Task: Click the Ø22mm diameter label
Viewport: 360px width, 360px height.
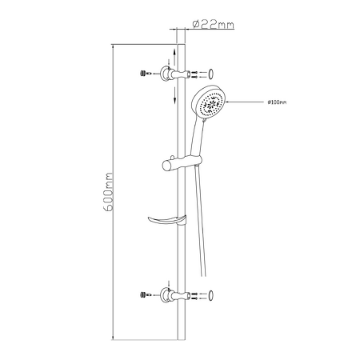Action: pyautogui.click(x=214, y=24)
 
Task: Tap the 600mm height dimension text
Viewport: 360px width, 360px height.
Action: pyautogui.click(x=108, y=192)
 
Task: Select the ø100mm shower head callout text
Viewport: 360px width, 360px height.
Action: pyautogui.click(x=277, y=102)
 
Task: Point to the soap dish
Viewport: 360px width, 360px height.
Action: pyautogui.click(x=167, y=220)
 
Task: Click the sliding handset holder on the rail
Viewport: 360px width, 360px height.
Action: pyautogui.click(x=182, y=162)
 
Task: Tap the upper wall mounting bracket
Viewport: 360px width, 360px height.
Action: pyautogui.click(x=175, y=74)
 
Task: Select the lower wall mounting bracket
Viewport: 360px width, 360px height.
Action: pyautogui.click(x=175, y=295)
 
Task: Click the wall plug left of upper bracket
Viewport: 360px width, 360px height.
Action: pyautogui.click(x=143, y=73)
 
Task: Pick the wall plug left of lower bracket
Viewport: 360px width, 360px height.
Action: pyautogui.click(x=143, y=294)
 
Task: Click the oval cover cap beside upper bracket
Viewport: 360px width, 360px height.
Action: pyautogui.click(x=211, y=74)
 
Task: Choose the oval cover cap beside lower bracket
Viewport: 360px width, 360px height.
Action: pyautogui.click(x=211, y=295)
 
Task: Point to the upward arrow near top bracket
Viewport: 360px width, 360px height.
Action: pyautogui.click(x=174, y=57)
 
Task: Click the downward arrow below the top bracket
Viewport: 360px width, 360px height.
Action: pyautogui.click(x=174, y=95)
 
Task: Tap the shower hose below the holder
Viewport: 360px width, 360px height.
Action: pyautogui.click(x=201, y=221)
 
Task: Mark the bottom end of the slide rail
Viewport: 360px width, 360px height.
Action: pyautogui.click(x=182, y=339)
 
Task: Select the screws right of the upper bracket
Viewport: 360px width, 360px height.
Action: pyautogui.click(x=194, y=74)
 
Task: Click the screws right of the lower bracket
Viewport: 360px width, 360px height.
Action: pyautogui.click(x=194, y=296)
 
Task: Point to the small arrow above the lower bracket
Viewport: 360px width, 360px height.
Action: pyautogui.click(x=169, y=284)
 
